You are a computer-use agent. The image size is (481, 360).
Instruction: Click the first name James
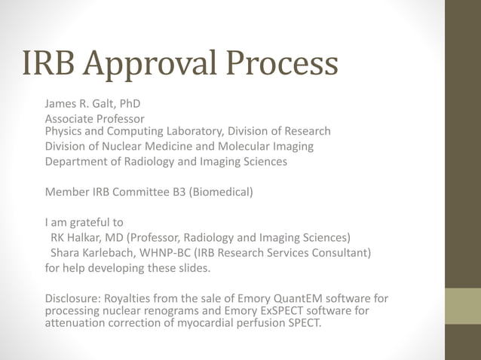pos(62,103)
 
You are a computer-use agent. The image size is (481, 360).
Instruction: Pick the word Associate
pos(72,118)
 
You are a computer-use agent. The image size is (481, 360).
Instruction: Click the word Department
pos(78,161)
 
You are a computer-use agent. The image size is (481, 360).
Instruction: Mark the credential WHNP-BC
pos(176,252)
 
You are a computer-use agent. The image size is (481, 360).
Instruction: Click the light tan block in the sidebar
pos(462,306)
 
